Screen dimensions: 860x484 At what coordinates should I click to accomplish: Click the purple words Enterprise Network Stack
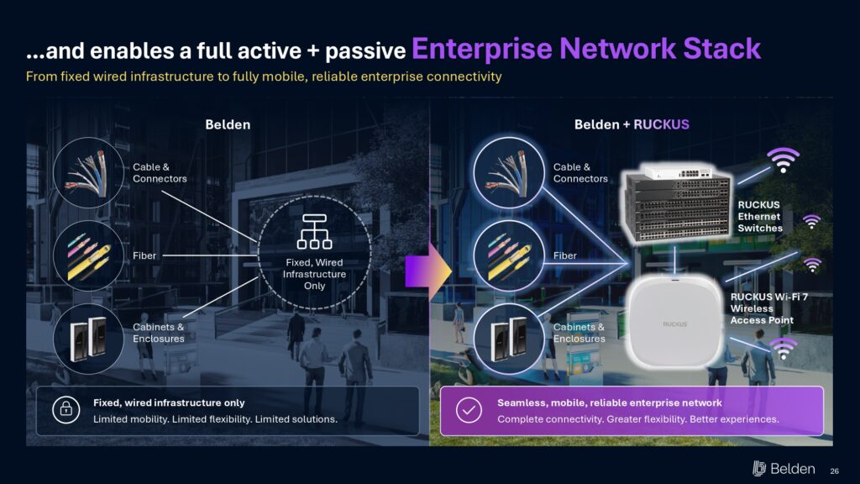pos(585,49)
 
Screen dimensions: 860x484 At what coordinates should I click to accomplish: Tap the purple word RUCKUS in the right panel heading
pos(661,124)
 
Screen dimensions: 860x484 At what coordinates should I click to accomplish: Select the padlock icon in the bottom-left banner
pos(66,409)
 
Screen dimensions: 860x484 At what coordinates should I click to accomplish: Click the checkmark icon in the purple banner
pos(469,409)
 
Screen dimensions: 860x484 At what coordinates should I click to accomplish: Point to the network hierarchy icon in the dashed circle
pos(314,232)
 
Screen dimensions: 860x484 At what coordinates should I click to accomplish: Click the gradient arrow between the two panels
pos(428,271)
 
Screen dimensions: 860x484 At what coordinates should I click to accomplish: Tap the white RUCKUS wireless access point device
pos(674,321)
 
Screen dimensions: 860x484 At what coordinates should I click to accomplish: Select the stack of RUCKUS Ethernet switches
pos(679,203)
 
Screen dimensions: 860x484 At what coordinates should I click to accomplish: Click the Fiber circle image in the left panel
pos(88,255)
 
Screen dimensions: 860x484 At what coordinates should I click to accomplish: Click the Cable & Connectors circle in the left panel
pos(88,172)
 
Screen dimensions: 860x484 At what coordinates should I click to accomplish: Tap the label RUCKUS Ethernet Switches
pos(759,216)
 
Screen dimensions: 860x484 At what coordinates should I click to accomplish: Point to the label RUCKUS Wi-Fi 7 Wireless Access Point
pos(769,308)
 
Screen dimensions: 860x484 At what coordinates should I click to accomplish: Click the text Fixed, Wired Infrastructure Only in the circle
pos(314,274)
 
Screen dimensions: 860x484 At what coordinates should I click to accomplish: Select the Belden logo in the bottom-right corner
pos(784,469)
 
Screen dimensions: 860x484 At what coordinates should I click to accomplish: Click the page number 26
pos(834,471)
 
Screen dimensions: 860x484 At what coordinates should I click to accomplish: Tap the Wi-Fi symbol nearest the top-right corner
pos(784,159)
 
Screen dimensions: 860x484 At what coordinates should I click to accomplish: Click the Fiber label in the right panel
pos(565,255)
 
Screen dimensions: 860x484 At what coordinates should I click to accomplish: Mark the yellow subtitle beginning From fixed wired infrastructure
pos(264,76)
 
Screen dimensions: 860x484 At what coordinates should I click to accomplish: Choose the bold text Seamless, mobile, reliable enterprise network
pos(610,402)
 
